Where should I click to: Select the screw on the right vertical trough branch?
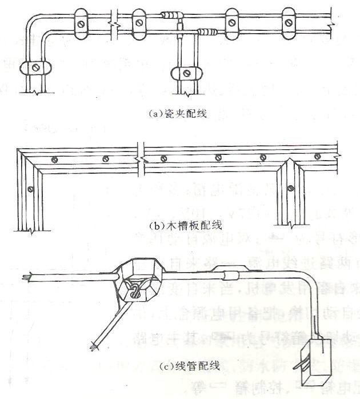[290, 185]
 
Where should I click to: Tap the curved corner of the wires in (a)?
[35, 23]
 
